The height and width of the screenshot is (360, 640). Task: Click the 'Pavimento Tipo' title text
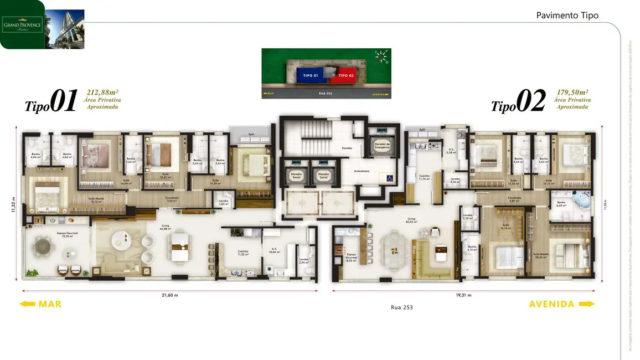pos(567,16)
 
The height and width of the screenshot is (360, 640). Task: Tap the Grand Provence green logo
pos(23,25)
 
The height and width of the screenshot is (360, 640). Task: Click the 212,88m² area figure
pos(103,93)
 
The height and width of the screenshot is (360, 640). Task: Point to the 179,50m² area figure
pos(571,93)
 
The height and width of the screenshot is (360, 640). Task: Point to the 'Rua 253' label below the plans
pos(401,307)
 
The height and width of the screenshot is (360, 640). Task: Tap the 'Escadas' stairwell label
pos(347,148)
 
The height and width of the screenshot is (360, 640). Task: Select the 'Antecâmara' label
pos(362,171)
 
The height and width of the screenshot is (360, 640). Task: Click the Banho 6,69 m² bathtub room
pos(576,203)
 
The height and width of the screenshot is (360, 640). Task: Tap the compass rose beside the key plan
pos(381,55)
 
